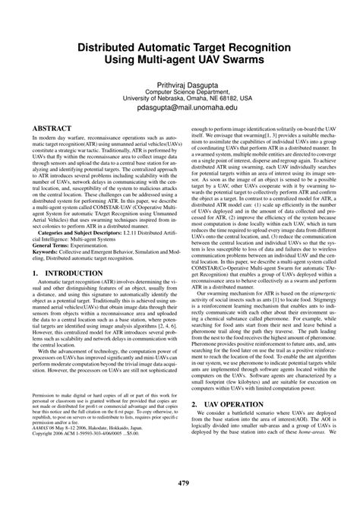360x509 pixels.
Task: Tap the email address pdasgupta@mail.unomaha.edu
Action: coord(179,108)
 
